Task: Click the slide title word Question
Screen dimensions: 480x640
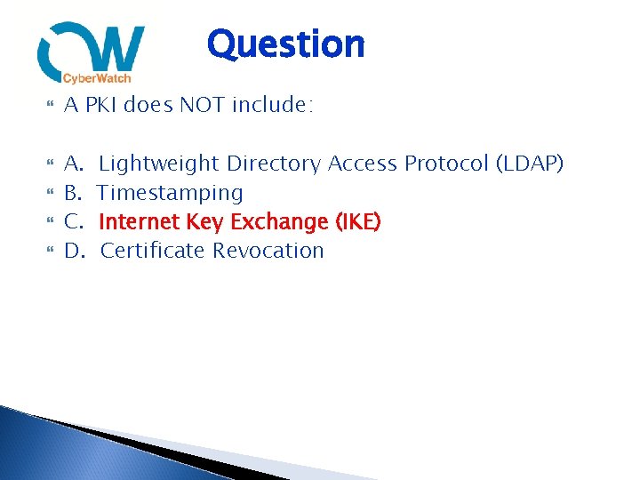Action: coord(285,44)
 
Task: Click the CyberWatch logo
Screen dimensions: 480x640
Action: coord(91,53)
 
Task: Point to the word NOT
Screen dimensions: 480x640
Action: coord(203,105)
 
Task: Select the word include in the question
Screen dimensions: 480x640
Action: coord(272,105)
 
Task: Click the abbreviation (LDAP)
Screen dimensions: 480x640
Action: coord(530,164)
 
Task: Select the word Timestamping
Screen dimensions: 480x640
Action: coord(170,193)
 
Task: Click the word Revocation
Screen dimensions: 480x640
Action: coord(268,251)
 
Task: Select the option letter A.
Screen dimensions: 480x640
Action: coord(73,164)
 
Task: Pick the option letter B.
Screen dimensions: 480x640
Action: coord(73,193)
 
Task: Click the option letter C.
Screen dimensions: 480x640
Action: coord(73,221)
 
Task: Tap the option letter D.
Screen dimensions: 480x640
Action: coord(74,251)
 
